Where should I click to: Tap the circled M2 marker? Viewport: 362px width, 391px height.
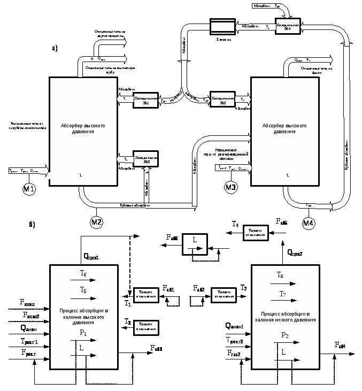click(x=96, y=221)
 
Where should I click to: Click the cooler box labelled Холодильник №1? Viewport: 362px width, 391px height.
click(x=146, y=99)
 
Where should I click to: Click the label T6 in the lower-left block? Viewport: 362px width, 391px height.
click(x=83, y=274)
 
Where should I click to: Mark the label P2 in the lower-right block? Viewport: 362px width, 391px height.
click(x=285, y=335)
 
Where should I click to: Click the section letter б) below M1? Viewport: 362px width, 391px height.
click(x=32, y=224)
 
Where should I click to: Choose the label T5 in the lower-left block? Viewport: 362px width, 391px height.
click(x=83, y=289)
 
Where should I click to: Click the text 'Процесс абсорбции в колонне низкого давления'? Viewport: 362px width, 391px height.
click(x=286, y=316)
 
